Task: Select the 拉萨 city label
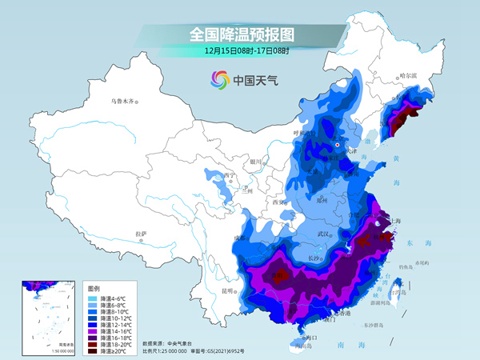(x=141, y=234)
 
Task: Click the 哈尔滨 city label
(x=408, y=76)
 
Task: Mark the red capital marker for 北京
(x=338, y=145)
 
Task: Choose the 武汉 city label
(x=324, y=233)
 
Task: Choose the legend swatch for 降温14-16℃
(x=94, y=330)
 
